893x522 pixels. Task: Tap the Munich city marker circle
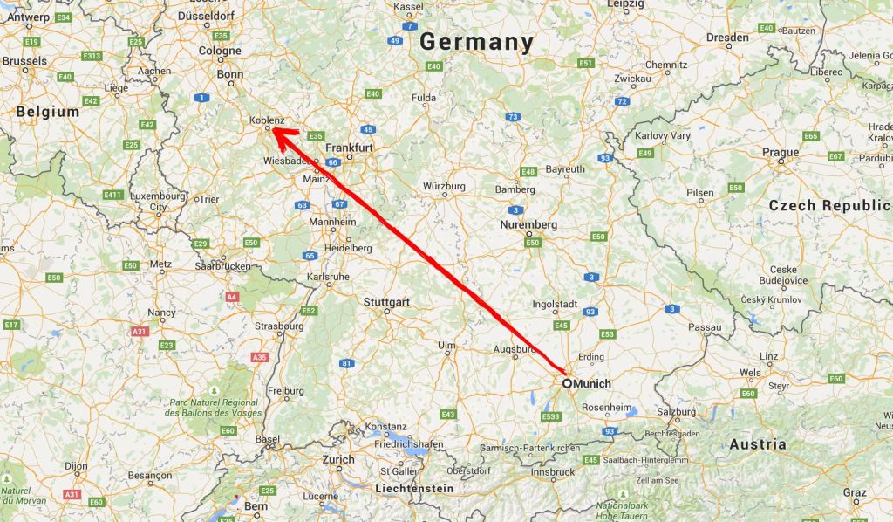point(567,382)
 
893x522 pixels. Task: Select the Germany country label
point(476,42)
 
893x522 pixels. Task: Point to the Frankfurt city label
point(351,148)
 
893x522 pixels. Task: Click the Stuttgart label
point(385,302)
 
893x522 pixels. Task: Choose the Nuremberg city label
point(528,224)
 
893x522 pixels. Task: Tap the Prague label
point(780,152)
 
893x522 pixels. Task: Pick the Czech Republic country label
point(828,206)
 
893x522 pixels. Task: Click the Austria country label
point(757,444)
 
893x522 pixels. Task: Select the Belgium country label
point(47,112)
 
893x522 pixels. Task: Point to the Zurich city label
point(338,459)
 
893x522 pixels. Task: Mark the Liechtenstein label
point(413,488)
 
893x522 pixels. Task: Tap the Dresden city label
point(727,38)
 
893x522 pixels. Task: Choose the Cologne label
point(220,51)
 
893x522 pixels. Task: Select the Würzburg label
point(444,186)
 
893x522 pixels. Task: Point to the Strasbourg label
point(279,326)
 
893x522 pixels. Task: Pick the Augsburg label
point(514,349)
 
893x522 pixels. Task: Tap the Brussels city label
point(24,61)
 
